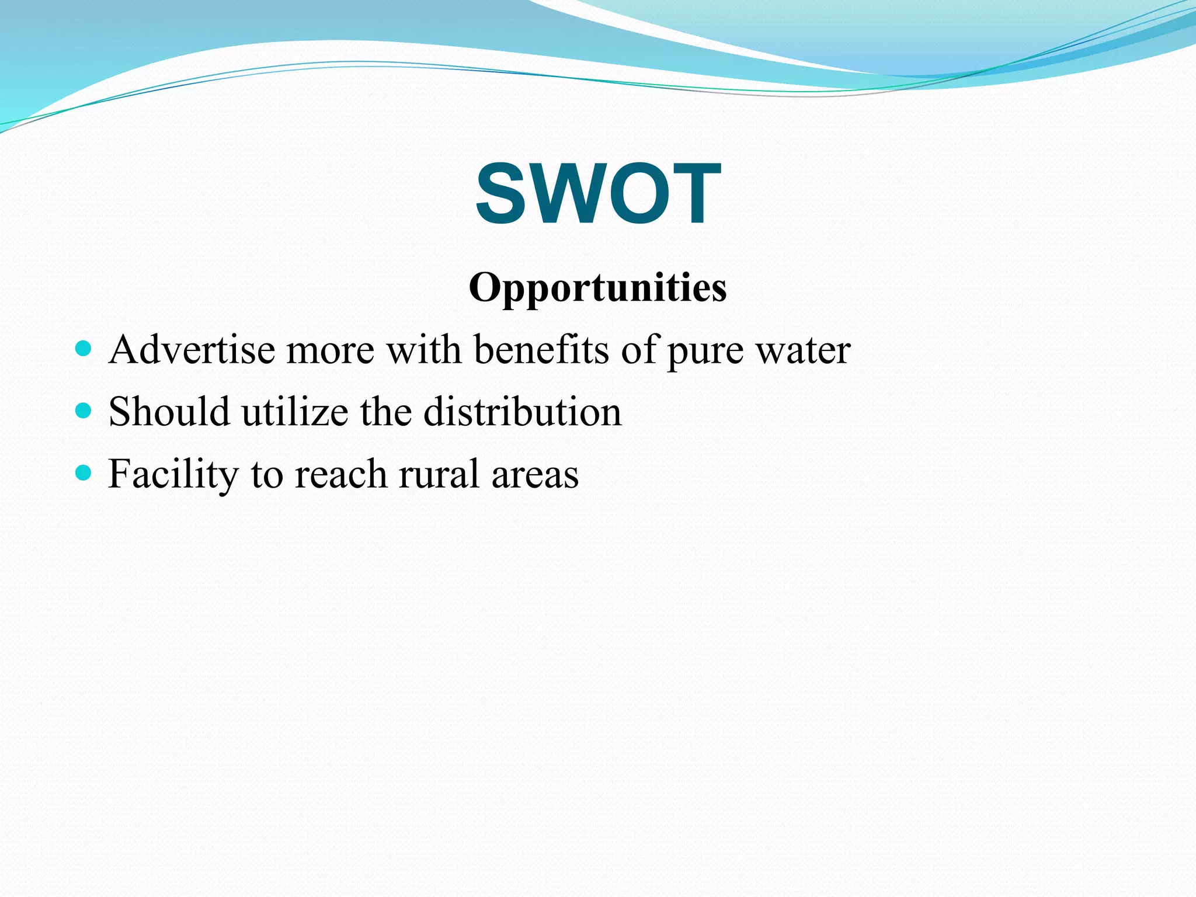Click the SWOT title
(598, 193)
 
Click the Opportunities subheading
(597, 288)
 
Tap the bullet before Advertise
(84, 349)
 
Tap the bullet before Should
(84, 411)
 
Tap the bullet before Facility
(84, 472)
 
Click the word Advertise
(192, 350)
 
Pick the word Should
(169, 412)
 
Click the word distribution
(522, 412)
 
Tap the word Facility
(173, 474)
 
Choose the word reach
(340, 474)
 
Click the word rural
(438, 474)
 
